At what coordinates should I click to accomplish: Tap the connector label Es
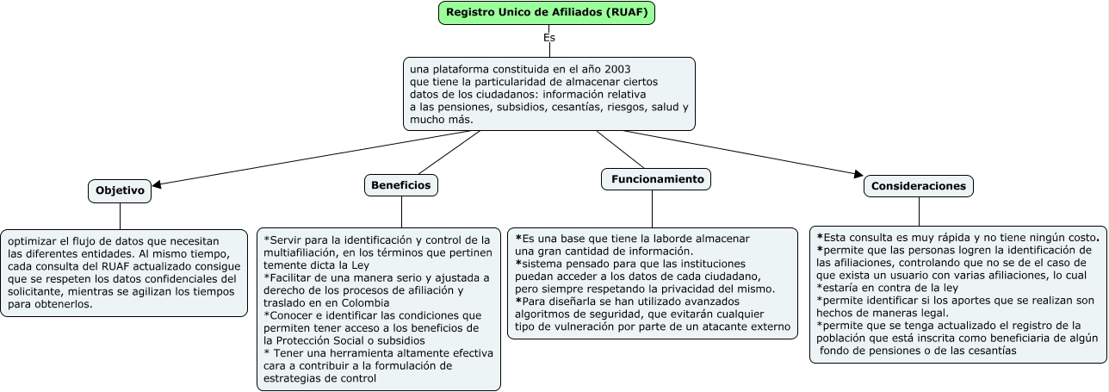point(549,38)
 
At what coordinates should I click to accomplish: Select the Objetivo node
point(120,190)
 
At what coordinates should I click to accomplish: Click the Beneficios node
point(400,184)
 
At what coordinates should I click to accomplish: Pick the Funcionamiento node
point(656,179)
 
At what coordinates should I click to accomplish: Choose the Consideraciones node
point(919,185)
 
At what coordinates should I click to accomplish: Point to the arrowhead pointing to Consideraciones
point(858,175)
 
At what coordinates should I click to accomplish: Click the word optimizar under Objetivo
point(31,241)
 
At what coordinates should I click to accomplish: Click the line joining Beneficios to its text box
point(401,212)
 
